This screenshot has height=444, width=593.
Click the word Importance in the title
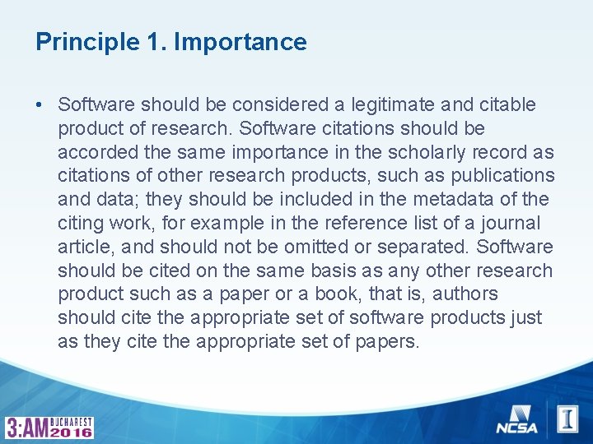click(x=240, y=43)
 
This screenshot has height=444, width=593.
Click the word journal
click(x=511, y=224)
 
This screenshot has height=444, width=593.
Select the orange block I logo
click(x=567, y=419)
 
